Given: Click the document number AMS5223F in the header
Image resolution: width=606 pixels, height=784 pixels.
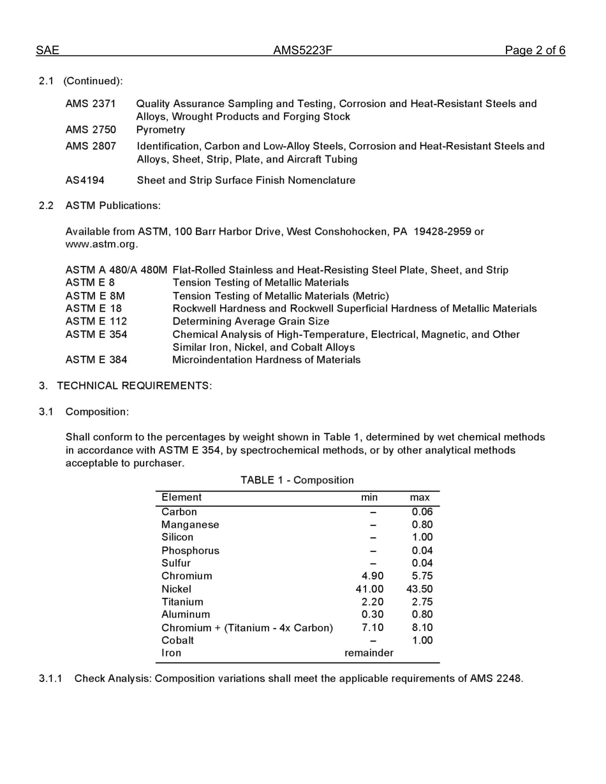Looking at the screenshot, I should click(302, 50).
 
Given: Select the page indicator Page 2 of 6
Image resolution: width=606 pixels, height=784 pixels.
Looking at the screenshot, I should click(535, 50).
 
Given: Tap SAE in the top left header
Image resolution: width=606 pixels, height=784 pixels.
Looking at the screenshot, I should click(47, 50).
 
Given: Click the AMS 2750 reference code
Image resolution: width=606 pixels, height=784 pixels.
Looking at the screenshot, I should click(91, 130).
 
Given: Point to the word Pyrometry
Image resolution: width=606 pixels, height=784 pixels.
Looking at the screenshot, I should click(160, 130).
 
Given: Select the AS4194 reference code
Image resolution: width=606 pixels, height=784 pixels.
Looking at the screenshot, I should click(85, 180).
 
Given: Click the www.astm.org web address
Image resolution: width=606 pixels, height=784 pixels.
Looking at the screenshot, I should click(101, 244).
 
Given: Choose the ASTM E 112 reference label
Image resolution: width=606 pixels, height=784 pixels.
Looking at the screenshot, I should click(96, 321).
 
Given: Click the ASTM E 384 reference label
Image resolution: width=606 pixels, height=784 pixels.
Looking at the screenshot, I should click(96, 360).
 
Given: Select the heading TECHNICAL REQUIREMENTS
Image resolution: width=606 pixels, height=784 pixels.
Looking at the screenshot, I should click(134, 386).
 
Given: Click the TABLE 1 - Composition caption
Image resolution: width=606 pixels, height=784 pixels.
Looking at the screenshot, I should click(297, 480).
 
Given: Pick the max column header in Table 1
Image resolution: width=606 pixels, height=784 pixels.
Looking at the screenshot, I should click(420, 497).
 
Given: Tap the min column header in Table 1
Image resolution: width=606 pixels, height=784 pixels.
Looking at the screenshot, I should click(369, 497).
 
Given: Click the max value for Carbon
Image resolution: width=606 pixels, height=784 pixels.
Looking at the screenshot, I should click(422, 512).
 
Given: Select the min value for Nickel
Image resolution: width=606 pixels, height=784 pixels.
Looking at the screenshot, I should click(369, 589).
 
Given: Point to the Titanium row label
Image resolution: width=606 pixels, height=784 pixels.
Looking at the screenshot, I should click(182, 602).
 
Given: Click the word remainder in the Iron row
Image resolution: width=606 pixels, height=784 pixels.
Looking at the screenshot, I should click(369, 653).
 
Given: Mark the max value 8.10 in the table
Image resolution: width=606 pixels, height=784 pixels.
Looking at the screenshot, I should click(422, 628).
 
